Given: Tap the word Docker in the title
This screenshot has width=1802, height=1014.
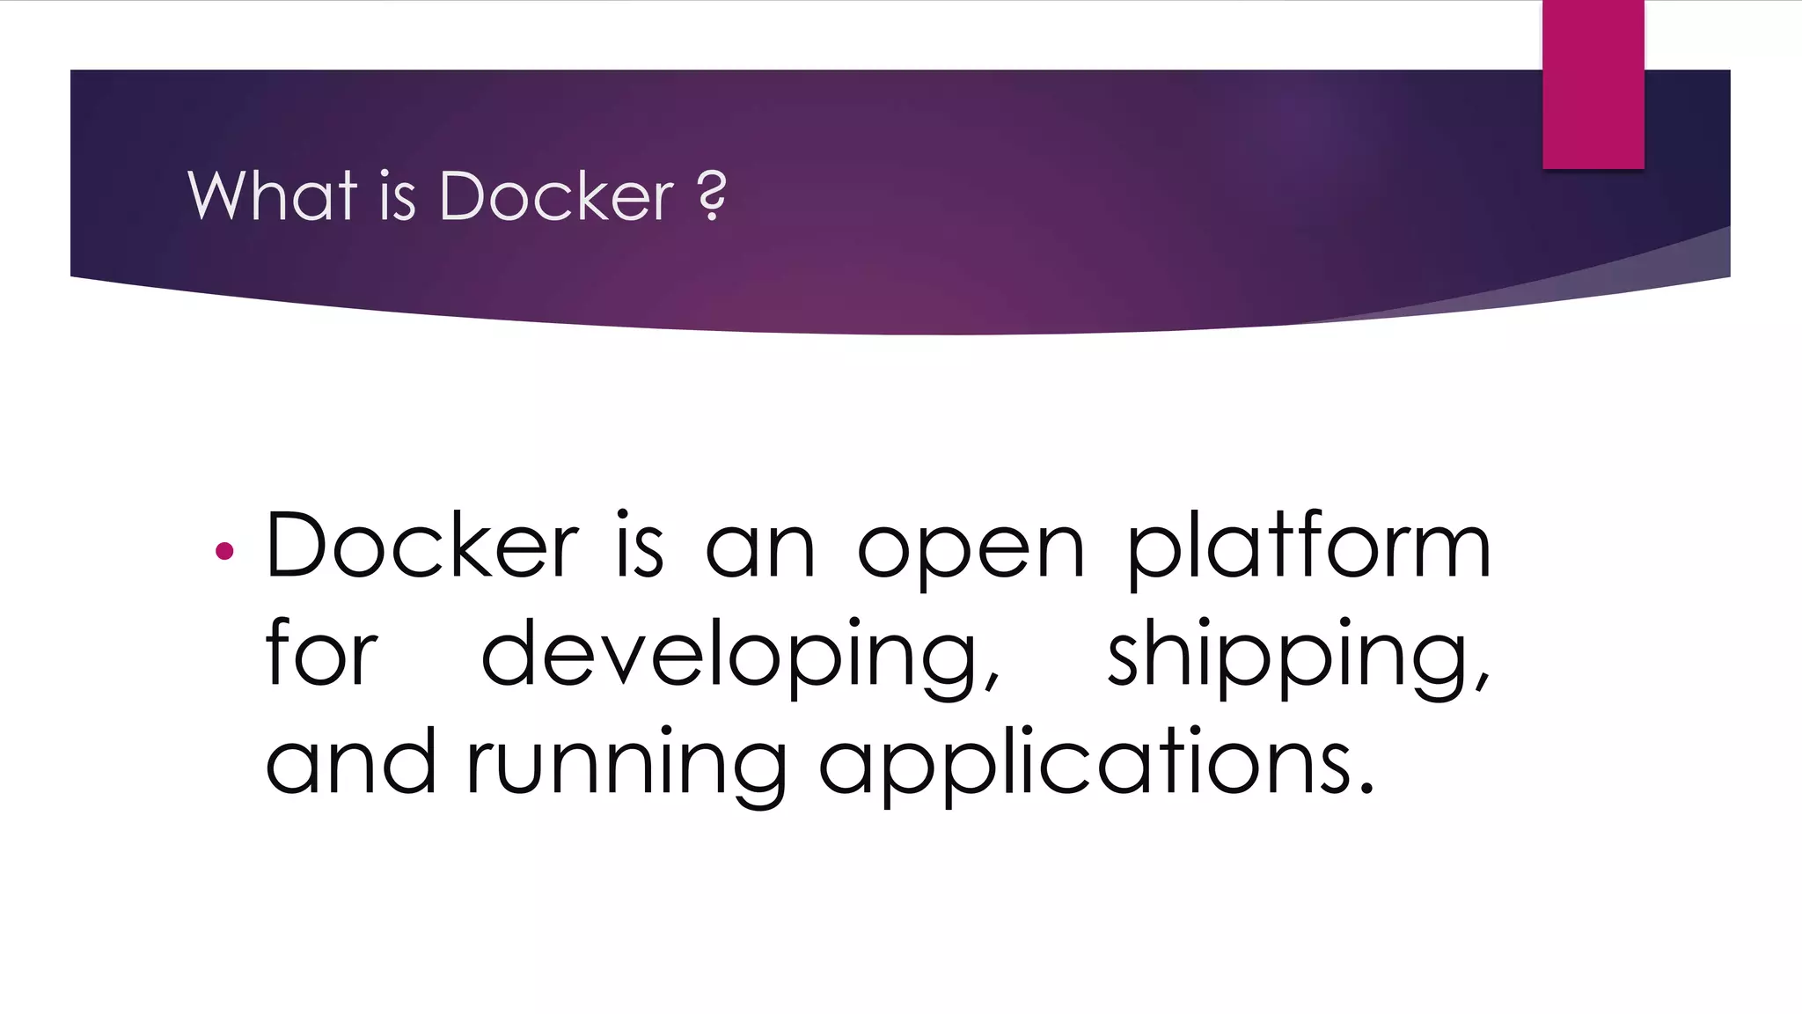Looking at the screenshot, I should point(556,195).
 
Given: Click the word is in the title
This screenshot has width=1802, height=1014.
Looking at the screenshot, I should point(398,195).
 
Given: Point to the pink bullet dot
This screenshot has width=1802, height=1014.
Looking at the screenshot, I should point(224,551).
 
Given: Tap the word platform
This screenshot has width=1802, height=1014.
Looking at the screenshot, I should point(1309,547).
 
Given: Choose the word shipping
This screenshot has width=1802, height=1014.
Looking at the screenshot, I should point(1290,657).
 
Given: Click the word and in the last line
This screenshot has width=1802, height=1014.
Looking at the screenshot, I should point(351,762).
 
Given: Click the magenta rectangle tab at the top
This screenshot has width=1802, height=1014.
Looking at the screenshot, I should point(1593,84).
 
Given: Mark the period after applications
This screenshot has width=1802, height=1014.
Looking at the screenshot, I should point(1366,788).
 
